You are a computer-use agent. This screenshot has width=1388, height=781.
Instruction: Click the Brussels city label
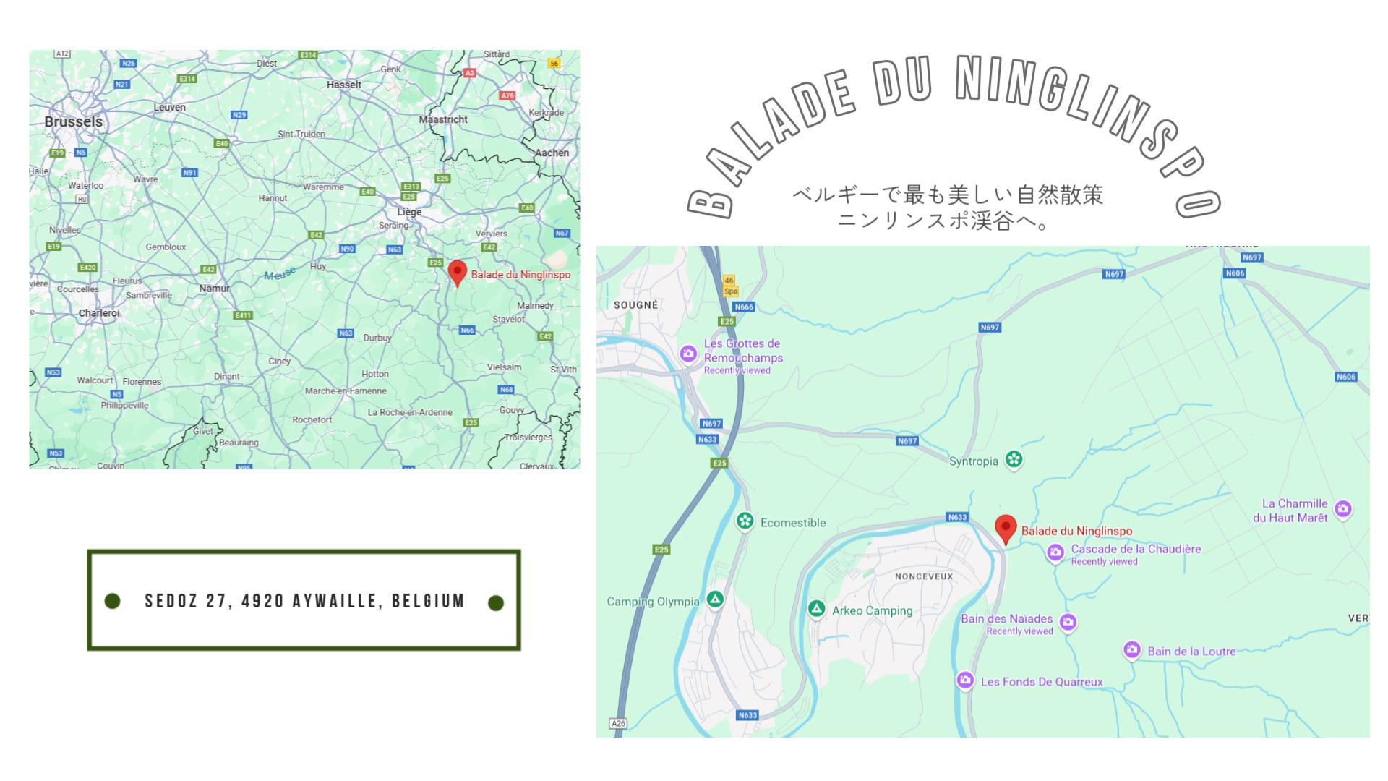point(74,121)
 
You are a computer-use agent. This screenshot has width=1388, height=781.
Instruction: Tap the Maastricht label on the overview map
point(443,119)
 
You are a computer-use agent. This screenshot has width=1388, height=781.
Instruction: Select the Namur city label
point(214,289)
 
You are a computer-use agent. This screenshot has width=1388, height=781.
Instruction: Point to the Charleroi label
point(99,313)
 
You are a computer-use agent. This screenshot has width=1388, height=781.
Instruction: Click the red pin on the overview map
point(457,273)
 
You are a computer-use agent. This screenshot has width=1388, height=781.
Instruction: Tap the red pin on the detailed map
point(1006,529)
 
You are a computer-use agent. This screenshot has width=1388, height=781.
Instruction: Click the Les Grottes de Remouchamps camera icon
point(688,354)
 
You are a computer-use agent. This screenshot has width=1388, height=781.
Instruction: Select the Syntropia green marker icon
point(1014,460)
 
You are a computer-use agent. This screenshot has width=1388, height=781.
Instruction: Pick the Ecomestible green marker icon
point(745,521)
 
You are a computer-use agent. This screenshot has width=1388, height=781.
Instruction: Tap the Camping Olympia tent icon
point(715,599)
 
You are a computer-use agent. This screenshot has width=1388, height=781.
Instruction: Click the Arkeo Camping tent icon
point(816,609)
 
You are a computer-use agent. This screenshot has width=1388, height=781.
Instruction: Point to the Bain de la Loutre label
point(1191,651)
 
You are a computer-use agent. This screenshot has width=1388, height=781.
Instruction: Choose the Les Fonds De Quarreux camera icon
point(965,680)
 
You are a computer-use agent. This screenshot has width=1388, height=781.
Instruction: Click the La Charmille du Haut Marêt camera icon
point(1343,509)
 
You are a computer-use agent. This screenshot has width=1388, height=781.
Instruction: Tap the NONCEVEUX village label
point(924,576)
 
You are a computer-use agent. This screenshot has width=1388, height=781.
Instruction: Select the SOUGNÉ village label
point(635,305)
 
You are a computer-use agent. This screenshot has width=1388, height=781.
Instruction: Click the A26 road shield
point(618,723)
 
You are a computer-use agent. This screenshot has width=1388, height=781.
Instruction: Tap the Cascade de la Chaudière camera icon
point(1055,553)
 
